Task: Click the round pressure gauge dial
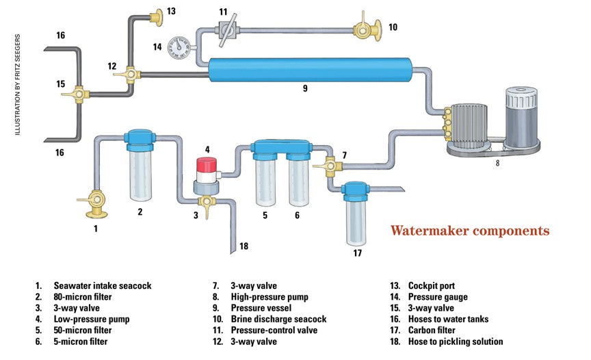click(180, 47)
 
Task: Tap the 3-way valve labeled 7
click(328, 164)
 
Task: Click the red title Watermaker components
click(469, 231)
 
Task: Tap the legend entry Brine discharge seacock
click(278, 319)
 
